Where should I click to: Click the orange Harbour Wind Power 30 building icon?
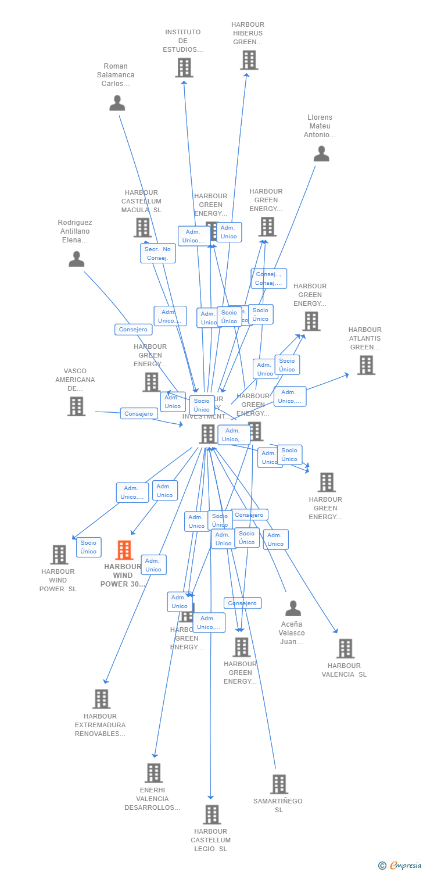[x=124, y=550]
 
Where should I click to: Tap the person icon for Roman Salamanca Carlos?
[x=117, y=103]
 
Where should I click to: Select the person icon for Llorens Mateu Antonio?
[x=321, y=153]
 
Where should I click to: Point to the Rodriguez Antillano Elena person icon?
[x=77, y=259]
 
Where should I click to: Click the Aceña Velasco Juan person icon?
[x=293, y=609]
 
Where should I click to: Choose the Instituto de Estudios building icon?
[x=184, y=67]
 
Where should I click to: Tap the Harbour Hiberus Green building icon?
[x=249, y=60]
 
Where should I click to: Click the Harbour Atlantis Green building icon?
[x=366, y=365]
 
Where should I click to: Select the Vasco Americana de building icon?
[x=76, y=406]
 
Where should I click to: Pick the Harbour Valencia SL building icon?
[x=345, y=648]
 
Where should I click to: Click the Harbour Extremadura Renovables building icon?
[x=101, y=699]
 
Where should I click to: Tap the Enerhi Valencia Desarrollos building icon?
[x=154, y=773]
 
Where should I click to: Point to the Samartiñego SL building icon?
[x=279, y=784]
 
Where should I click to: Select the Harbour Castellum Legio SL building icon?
[x=212, y=814]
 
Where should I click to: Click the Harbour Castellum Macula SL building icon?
[x=142, y=227]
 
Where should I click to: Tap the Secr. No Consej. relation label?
[x=157, y=253]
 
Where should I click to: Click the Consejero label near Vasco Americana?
[x=139, y=414]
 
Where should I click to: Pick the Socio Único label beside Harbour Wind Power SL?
[x=89, y=547]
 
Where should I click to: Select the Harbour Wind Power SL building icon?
[x=59, y=555]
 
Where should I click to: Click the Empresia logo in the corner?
[x=400, y=866]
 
